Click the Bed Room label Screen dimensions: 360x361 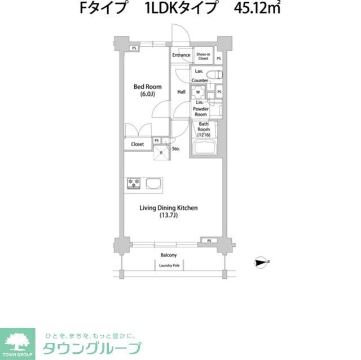click(147, 90)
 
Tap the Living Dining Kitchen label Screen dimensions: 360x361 click(169, 211)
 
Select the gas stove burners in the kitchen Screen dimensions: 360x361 click(134, 183)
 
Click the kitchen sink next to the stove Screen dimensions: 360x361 click(153, 183)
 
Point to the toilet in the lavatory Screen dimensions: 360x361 click(215, 74)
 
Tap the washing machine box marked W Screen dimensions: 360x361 click(198, 92)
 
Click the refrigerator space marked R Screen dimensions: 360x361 click(161, 153)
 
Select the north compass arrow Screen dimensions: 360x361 click(261, 261)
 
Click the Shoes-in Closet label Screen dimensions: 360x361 click(202, 56)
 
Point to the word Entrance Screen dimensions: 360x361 click(181, 55)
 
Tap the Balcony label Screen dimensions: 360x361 click(169, 255)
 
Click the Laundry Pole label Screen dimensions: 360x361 click(169, 265)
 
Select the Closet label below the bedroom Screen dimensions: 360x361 click(138, 144)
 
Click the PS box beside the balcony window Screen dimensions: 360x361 click(209, 241)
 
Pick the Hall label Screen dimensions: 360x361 click(182, 92)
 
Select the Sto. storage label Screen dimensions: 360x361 click(176, 149)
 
